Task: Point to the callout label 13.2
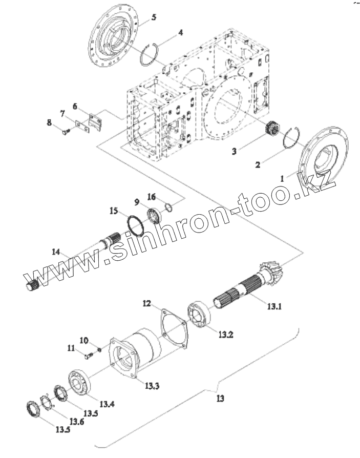225,335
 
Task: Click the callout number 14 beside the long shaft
56,251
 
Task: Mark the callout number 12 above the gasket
146,304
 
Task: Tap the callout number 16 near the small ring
152,197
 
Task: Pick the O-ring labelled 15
135,223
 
